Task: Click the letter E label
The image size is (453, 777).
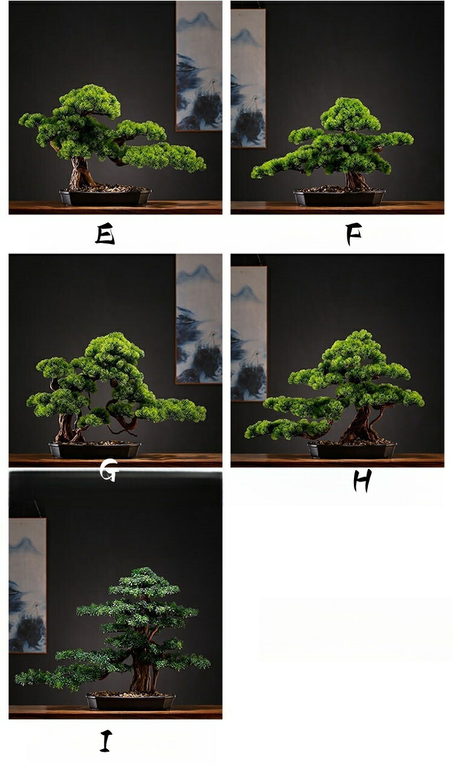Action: tap(104, 234)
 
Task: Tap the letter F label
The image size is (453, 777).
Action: tap(354, 234)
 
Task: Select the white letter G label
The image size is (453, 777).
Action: tap(109, 470)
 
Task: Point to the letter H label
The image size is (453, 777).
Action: tap(362, 480)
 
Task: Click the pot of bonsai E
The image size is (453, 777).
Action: tap(105, 196)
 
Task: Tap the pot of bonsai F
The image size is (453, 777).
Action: tap(339, 197)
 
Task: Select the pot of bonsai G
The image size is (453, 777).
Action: tap(95, 450)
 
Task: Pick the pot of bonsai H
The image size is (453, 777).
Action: tap(352, 450)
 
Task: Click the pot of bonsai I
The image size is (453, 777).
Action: tap(130, 701)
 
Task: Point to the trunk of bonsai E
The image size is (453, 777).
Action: tap(80, 173)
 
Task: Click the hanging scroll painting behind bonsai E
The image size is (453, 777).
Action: tap(199, 66)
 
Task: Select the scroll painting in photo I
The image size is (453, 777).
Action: tap(27, 585)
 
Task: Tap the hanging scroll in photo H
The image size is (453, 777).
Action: tap(249, 334)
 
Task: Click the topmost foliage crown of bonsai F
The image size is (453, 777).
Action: tap(350, 114)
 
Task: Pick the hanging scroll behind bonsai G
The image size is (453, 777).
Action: tap(199, 319)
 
